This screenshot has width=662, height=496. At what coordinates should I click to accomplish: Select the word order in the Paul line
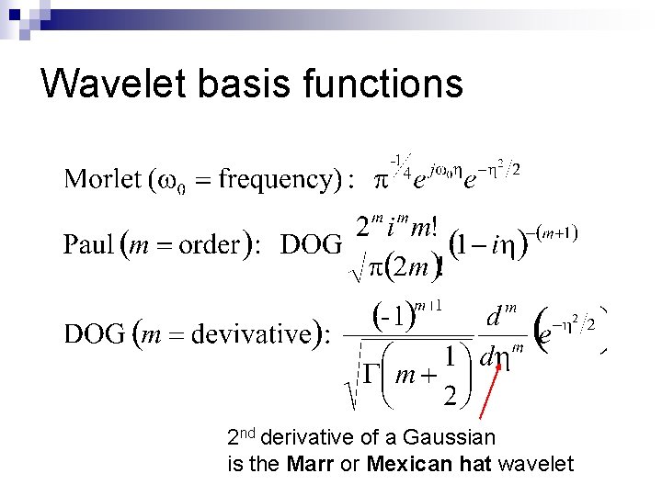[x=211, y=245]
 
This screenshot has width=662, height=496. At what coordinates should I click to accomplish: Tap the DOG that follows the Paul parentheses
[x=311, y=245]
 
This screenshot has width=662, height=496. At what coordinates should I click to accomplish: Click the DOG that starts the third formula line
[x=95, y=333]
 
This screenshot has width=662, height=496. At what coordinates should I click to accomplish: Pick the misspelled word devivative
[x=251, y=333]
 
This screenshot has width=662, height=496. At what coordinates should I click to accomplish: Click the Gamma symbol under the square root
[x=369, y=376]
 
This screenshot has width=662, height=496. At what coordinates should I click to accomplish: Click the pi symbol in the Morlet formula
[x=379, y=178]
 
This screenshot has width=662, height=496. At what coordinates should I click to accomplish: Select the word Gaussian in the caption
[x=451, y=437]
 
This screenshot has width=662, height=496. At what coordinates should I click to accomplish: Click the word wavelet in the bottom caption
[x=536, y=464]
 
